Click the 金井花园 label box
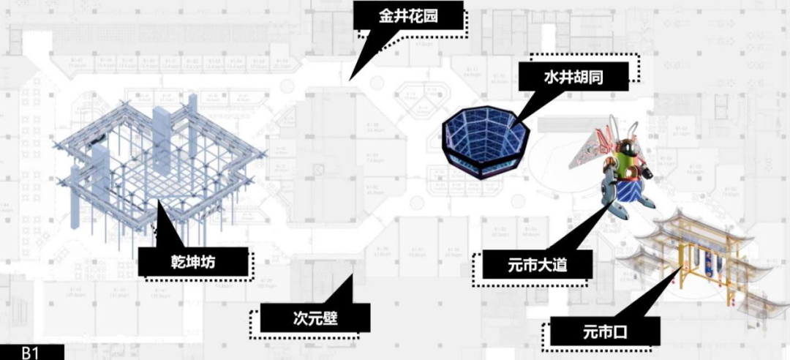409,15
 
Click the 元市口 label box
600,333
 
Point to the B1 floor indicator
30,353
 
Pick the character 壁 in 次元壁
335,318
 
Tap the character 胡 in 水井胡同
584,76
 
